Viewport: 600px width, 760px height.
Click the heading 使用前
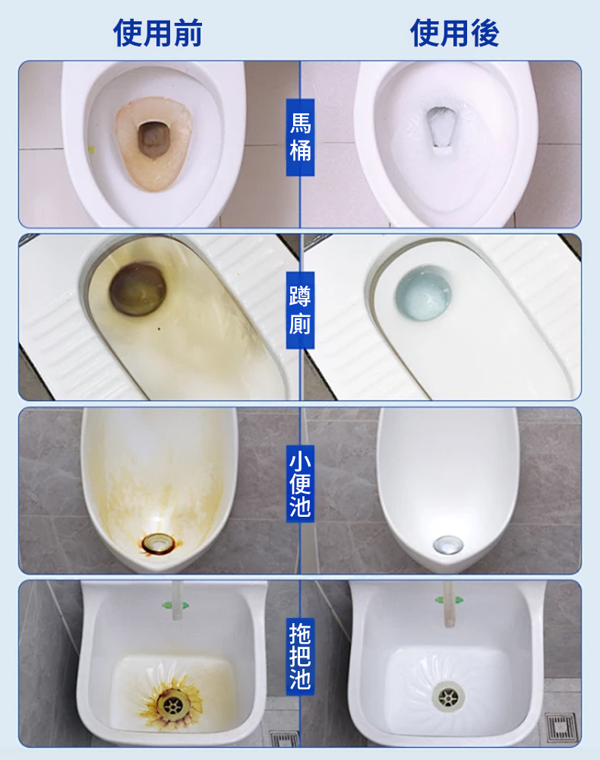[157, 33]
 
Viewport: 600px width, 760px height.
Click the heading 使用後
[454, 33]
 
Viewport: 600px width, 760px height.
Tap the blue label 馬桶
[300, 137]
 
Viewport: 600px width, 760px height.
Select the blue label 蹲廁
[300, 310]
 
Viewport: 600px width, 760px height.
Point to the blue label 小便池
[300, 483]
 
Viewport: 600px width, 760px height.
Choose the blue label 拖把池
[300, 657]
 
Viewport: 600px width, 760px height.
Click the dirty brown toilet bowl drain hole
[154, 140]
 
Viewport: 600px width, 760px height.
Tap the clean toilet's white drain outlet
[441, 128]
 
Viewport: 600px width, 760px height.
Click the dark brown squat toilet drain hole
[138, 289]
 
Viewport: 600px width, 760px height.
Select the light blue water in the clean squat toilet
[423, 293]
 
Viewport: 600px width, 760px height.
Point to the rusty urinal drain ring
[158, 543]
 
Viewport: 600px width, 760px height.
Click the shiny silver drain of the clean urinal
[448, 545]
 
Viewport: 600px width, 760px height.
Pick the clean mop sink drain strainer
[448, 698]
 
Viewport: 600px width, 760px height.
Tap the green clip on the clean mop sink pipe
[450, 600]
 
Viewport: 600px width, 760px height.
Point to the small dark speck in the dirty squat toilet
[158, 329]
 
